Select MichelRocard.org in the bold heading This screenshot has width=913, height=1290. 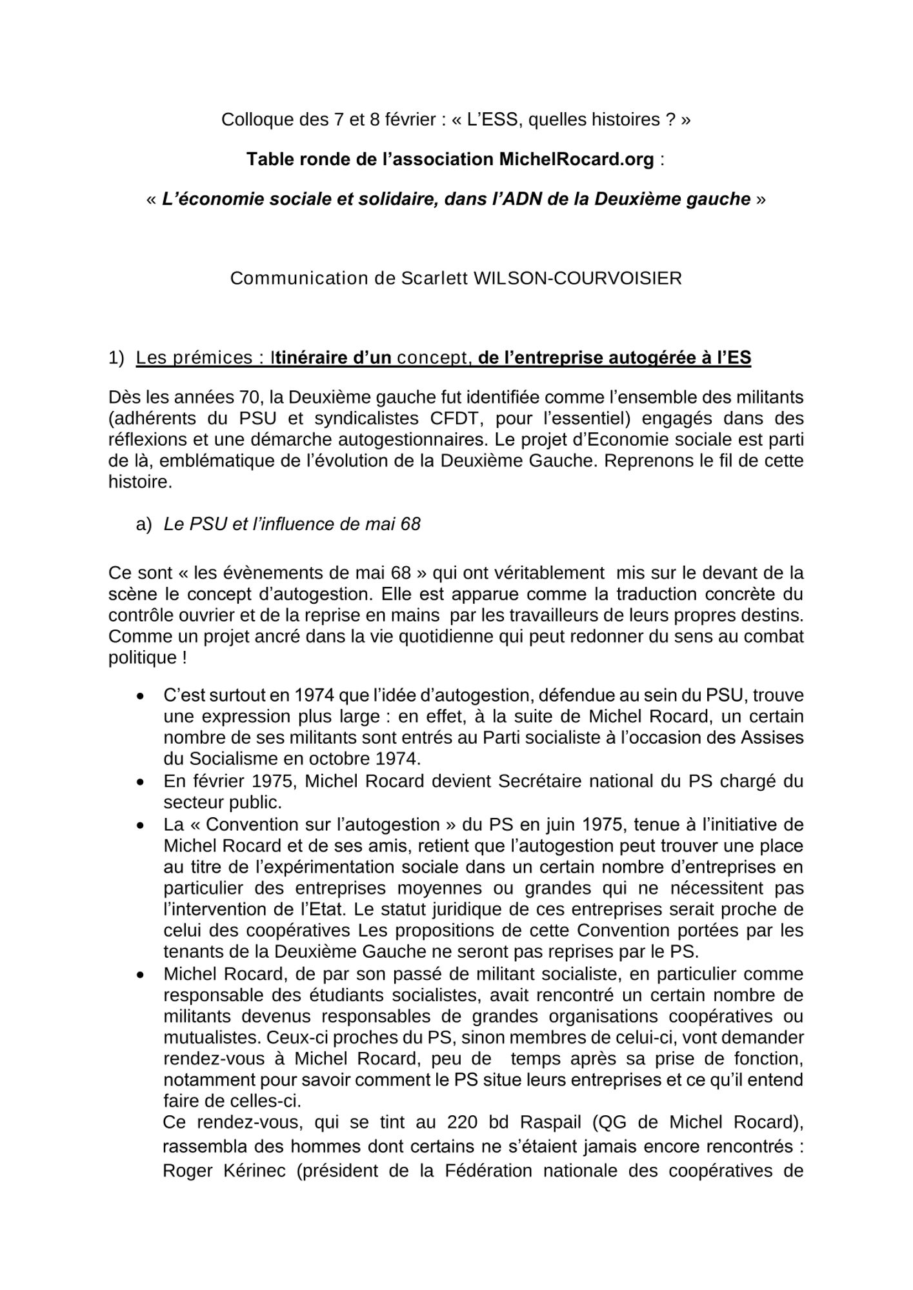tap(576, 159)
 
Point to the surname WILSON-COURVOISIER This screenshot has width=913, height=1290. tap(577, 279)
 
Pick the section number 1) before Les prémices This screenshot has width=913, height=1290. tap(116, 358)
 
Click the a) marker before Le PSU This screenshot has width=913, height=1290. tap(143, 524)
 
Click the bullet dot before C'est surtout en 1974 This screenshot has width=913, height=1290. tap(140, 696)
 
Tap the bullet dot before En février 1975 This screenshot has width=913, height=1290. tap(140, 782)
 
